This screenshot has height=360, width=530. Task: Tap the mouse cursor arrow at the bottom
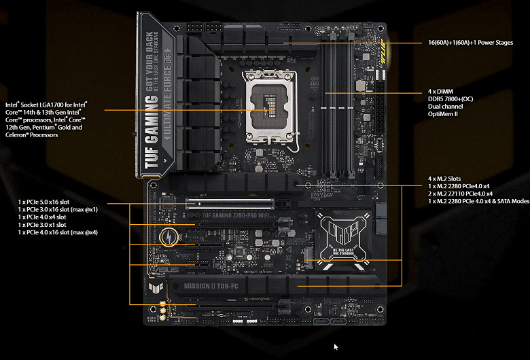point(336,347)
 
